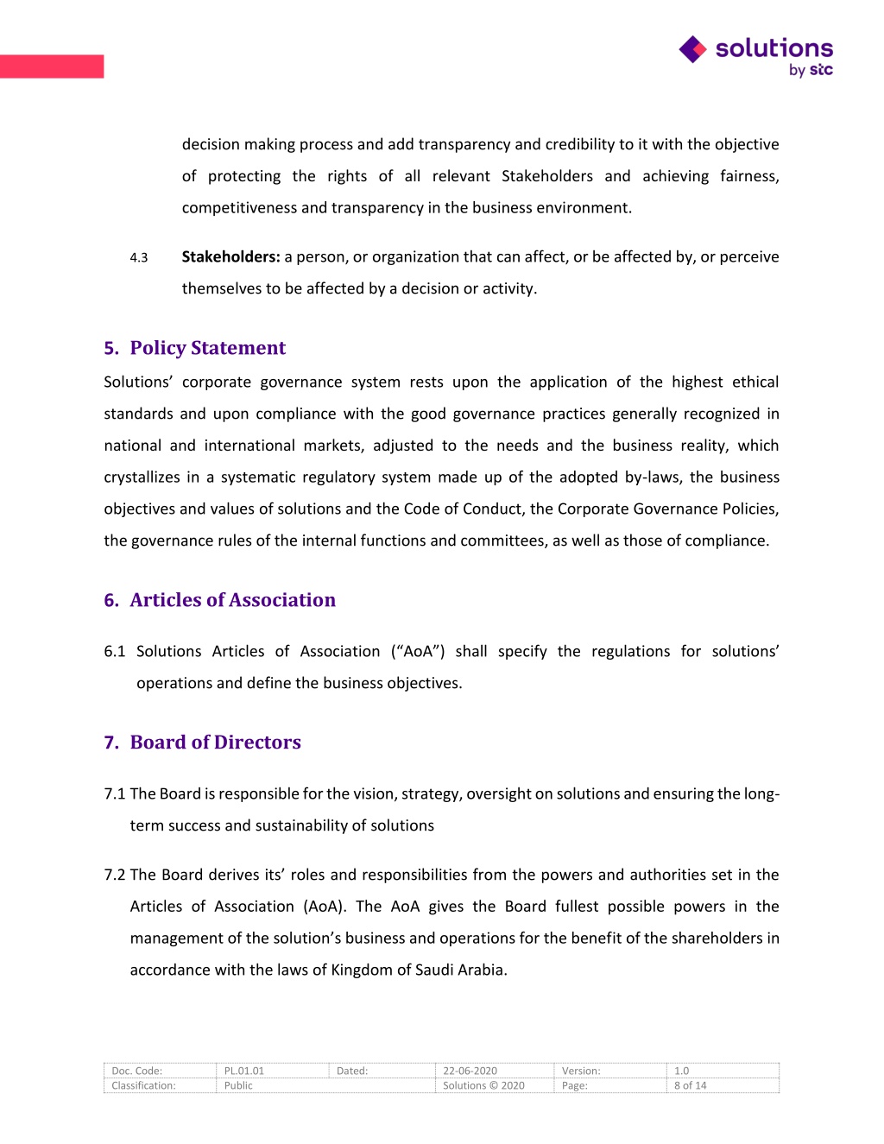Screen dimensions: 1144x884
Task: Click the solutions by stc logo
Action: tap(756, 56)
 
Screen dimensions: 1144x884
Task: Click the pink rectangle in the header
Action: tap(52, 66)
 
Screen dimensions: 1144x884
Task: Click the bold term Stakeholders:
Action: tap(230, 256)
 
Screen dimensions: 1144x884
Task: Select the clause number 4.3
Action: tap(139, 257)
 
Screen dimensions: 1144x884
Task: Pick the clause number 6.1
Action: tap(115, 651)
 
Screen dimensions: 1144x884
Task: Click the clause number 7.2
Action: tap(115, 875)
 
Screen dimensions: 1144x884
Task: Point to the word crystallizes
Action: tap(141, 477)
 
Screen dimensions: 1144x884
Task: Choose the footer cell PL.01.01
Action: tap(244, 1071)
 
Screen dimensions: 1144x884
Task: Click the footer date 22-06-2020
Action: tap(470, 1071)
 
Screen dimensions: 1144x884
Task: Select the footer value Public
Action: tap(238, 1085)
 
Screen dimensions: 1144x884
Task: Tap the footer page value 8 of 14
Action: tap(691, 1085)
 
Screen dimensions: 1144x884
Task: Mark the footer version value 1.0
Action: tap(682, 1071)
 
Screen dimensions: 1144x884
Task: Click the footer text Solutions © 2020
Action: tap(483, 1085)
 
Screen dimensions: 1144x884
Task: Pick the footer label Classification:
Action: tap(143, 1085)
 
